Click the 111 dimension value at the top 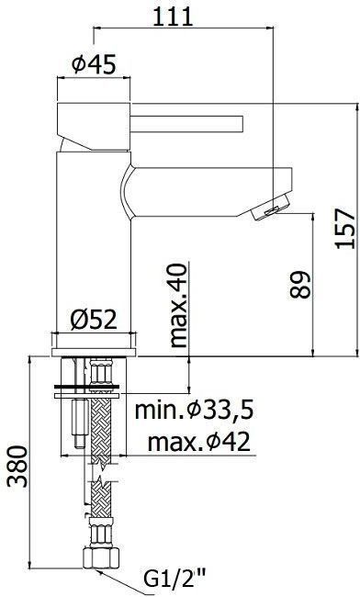click(x=173, y=16)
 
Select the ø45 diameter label click(x=92, y=64)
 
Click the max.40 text click(x=178, y=306)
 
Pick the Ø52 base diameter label click(x=96, y=319)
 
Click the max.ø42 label click(x=198, y=442)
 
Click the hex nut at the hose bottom click(x=101, y=558)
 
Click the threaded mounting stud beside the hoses click(x=72, y=418)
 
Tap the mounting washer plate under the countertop click(x=95, y=387)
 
